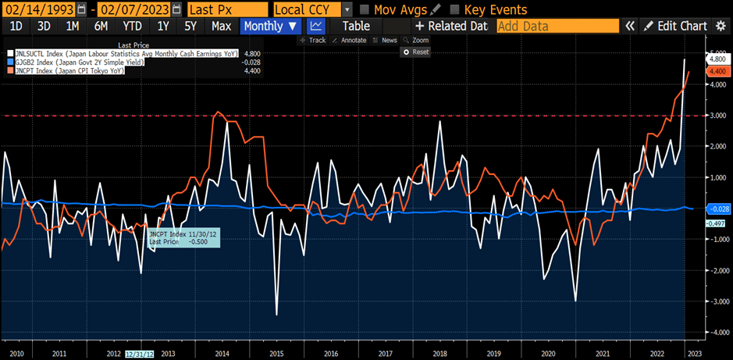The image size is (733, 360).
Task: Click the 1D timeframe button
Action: tap(16, 26)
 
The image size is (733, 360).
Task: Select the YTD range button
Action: tap(132, 26)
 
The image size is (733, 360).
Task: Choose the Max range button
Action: tap(221, 26)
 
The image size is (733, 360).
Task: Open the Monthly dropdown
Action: tap(269, 26)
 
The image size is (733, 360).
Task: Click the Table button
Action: tap(356, 26)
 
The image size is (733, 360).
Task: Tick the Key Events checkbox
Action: tap(454, 9)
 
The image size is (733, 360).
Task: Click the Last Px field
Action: tap(226, 9)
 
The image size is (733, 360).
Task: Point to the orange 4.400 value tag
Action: tap(716, 71)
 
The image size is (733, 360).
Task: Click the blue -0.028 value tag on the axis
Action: tap(717, 209)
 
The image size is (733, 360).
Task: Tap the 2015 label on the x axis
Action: tap(277, 353)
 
